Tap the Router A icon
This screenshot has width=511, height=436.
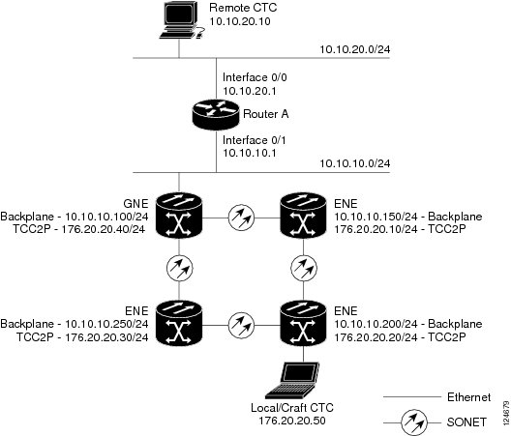click(216, 114)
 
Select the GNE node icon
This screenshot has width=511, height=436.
click(179, 216)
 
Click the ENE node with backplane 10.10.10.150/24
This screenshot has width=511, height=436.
click(304, 216)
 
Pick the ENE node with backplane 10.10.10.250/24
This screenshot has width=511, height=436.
click(179, 323)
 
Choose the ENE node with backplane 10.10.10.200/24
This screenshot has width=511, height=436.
click(304, 323)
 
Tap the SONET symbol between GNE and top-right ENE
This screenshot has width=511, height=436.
click(241, 218)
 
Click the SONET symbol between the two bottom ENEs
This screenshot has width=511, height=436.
click(241, 325)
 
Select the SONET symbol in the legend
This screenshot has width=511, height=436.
click(414, 422)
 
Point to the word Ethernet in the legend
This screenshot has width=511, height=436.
click(468, 397)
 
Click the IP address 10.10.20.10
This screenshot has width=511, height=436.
click(240, 21)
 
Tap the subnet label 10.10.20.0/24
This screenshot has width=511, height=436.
click(354, 49)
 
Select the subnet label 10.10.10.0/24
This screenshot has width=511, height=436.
click(354, 163)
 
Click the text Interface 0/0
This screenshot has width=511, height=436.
click(255, 77)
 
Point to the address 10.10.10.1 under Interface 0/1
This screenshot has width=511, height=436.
click(250, 153)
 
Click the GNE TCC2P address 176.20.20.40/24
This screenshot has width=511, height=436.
click(104, 229)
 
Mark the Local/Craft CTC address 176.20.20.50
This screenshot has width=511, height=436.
click(292, 421)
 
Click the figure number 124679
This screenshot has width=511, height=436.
click(506, 413)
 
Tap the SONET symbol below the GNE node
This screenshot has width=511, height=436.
click(179, 269)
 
